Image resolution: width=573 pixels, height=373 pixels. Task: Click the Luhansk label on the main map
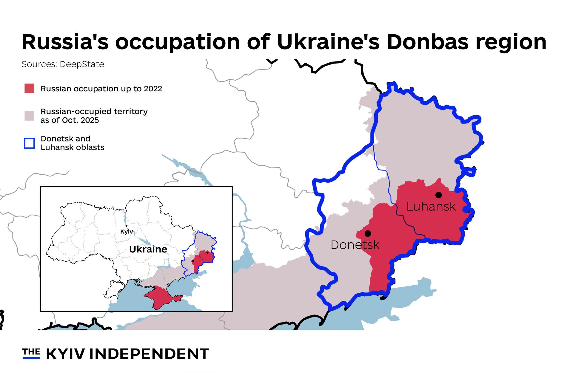coord(431,207)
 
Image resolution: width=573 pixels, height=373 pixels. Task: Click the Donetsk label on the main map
coord(355,245)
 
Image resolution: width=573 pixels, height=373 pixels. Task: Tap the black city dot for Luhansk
coord(438,195)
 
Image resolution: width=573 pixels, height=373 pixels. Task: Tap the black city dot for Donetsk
coord(368,233)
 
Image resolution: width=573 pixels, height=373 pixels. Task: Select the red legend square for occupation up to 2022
coord(29,88)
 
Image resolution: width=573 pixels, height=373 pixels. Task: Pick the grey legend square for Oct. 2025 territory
coord(29,115)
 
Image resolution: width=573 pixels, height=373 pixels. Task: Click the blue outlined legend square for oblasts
coord(29,143)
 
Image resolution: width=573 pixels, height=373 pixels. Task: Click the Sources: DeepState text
coord(63,64)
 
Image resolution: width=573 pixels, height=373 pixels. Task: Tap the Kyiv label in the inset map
coord(126,232)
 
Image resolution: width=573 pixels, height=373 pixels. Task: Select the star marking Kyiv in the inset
coord(127,226)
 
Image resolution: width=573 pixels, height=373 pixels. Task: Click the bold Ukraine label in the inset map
coord(148,249)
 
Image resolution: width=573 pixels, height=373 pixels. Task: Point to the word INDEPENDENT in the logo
coord(149,354)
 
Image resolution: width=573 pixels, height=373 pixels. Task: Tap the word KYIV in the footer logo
coord(65,354)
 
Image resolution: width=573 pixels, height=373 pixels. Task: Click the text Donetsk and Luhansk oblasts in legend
coord(72,143)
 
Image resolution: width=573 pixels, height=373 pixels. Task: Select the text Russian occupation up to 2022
coord(101,89)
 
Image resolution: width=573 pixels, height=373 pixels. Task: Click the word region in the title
coord(511,42)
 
